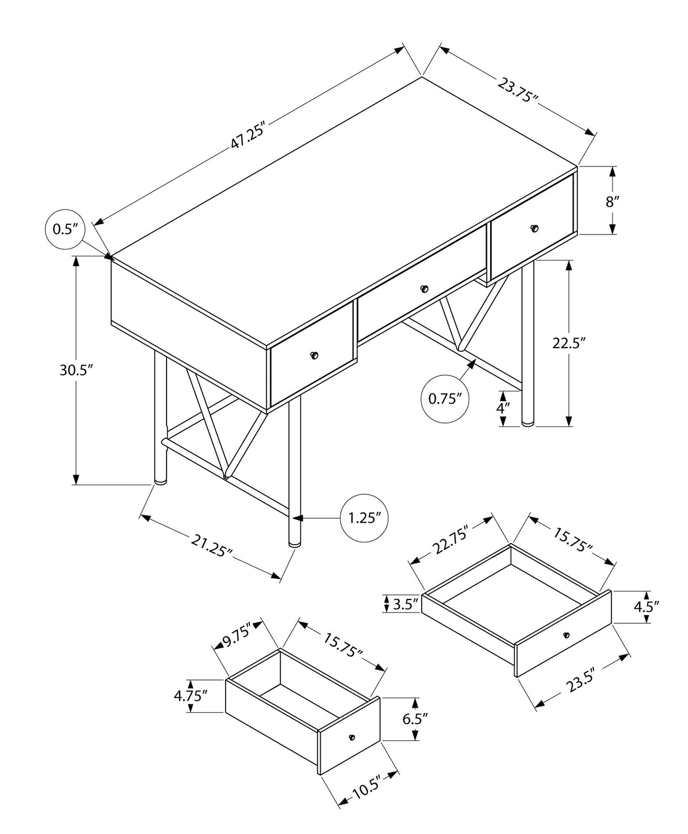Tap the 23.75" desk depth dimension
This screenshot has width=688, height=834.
517,89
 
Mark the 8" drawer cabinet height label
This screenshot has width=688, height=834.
613,201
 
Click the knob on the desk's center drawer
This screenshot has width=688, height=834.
424,289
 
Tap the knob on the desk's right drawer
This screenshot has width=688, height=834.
534,228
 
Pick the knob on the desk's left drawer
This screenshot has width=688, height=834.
315,356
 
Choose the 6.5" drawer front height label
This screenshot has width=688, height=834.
415,720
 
